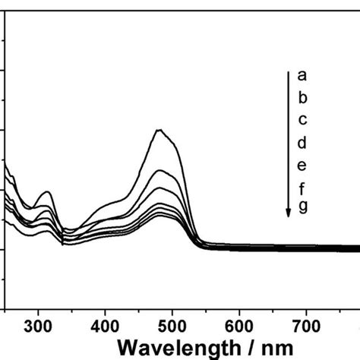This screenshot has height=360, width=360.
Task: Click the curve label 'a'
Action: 302,75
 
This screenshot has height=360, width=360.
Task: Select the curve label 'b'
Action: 302,97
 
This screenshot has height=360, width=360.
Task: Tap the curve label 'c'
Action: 302,119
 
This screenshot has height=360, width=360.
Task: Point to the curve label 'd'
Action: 302,142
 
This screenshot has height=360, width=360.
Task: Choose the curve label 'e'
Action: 302,164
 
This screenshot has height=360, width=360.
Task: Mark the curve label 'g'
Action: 302,206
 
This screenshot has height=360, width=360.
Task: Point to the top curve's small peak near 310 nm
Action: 47,191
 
